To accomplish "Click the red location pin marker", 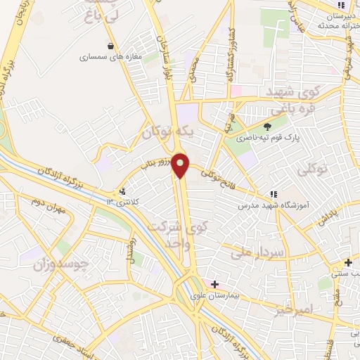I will pos(181,165).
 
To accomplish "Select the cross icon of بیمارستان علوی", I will pos(214,283).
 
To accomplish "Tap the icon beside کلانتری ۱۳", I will pos(124,191).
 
